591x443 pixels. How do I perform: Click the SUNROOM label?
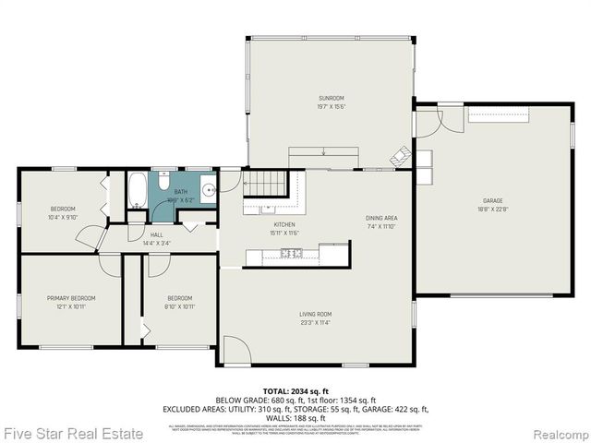pyautogui.click(x=332, y=98)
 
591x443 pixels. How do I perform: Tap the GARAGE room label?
pyautogui.click(x=492, y=200)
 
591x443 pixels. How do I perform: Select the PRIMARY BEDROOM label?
pyautogui.click(x=71, y=298)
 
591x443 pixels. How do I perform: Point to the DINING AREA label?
pyautogui.click(x=380, y=218)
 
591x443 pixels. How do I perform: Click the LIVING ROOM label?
pyautogui.click(x=315, y=315)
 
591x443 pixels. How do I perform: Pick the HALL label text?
pyautogui.click(x=157, y=235)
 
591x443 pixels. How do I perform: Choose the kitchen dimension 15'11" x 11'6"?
pyautogui.click(x=283, y=233)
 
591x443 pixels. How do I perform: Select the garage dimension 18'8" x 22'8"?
pyautogui.click(x=492, y=209)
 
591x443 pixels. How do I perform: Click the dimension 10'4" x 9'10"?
pyautogui.click(x=63, y=217)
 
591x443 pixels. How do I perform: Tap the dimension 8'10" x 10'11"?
pyautogui.click(x=179, y=305)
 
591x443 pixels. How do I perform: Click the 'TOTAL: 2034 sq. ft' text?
pyautogui.click(x=295, y=392)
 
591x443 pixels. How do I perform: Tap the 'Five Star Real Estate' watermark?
pyautogui.click(x=72, y=433)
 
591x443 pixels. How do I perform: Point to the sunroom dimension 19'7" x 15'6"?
pyautogui.click(x=332, y=106)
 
